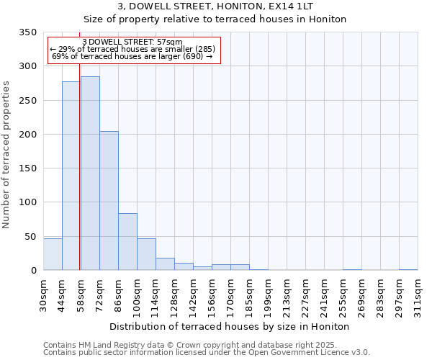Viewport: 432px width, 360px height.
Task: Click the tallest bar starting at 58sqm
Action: (90, 173)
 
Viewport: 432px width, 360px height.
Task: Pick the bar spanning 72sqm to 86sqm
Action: (109, 201)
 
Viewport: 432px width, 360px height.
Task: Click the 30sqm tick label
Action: (44, 294)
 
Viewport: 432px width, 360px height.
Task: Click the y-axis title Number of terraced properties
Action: (6, 154)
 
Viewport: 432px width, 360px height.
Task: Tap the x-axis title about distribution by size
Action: (230, 326)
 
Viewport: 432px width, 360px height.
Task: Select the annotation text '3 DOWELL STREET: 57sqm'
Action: (132, 42)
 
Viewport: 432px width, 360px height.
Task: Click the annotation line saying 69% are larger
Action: (132, 57)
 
